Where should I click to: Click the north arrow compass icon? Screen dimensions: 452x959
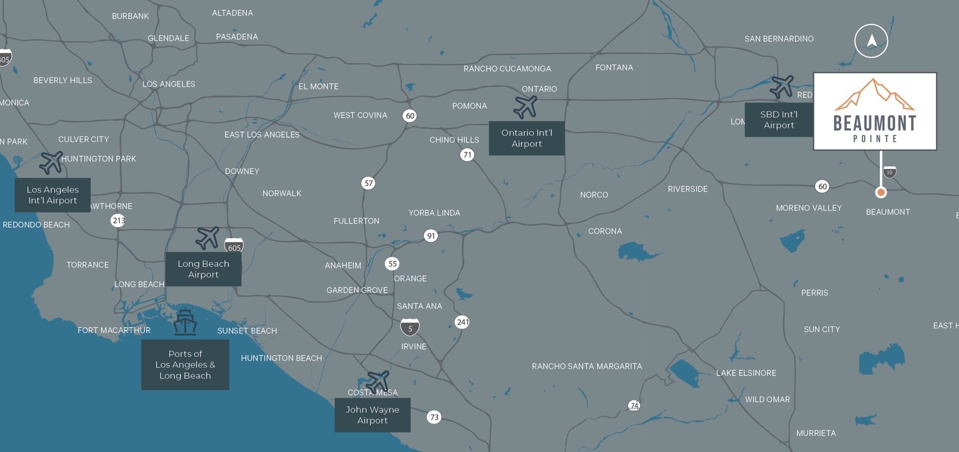coord(871,41)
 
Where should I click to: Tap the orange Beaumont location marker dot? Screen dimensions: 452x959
coord(880,192)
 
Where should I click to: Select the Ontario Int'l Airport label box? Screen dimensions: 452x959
coord(526,138)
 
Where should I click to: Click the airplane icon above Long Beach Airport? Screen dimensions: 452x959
coord(207,238)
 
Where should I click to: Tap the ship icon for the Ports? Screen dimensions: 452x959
coord(185,323)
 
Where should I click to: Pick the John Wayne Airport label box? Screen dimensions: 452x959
coord(372,415)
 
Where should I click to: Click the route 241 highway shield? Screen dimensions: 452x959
coord(462,322)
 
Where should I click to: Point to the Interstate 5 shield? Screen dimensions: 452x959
coord(410,327)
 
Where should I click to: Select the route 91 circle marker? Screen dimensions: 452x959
coord(430,236)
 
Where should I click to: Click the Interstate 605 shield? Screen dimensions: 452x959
coord(234,246)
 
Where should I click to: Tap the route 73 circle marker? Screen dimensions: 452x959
coord(434,417)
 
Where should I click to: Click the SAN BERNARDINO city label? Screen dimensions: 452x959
coord(779,39)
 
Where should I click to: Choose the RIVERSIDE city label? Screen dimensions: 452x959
coord(687,189)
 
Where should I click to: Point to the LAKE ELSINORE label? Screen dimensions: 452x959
coord(746,373)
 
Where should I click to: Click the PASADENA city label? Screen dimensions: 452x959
coord(237,37)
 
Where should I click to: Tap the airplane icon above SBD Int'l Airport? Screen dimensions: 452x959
coord(782,87)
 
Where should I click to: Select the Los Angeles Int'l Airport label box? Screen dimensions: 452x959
coord(53,195)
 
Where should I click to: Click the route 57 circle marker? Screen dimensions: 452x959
coord(368,183)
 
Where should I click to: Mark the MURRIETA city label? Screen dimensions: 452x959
coord(816,433)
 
